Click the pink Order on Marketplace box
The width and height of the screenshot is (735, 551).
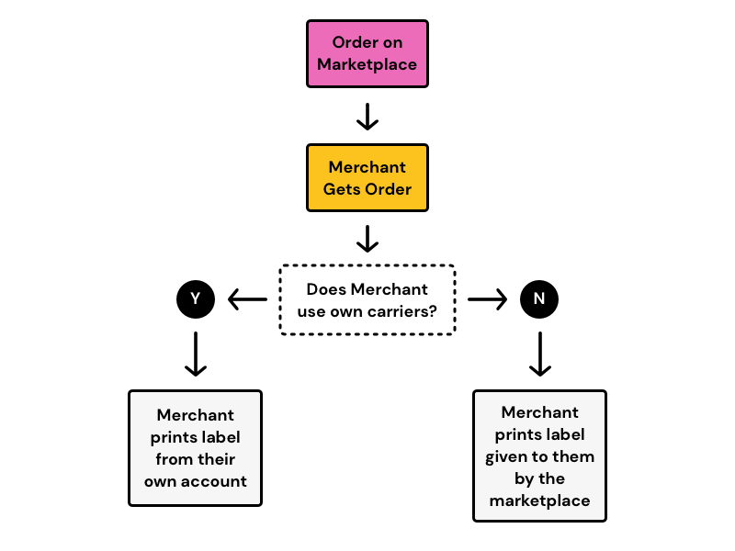point(367,54)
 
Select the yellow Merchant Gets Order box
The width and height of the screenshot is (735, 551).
point(367,178)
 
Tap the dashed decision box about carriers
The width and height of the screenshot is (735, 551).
point(367,300)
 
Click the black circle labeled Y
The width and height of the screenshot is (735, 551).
point(195,299)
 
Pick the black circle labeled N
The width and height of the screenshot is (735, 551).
point(539,299)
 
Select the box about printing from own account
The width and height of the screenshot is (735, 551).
point(195,448)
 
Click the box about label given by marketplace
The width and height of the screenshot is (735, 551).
point(539,456)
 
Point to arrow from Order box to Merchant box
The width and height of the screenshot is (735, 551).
point(367,116)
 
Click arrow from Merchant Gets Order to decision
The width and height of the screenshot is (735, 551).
point(367,239)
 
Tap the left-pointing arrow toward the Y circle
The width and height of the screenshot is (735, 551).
point(247,299)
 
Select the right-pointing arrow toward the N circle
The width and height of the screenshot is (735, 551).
point(488,299)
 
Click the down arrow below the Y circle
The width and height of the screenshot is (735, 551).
point(195,354)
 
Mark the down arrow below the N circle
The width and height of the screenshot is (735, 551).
point(539,354)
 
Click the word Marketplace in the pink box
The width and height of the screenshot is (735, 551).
point(367,65)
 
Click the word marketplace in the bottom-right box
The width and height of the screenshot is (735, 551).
point(539,500)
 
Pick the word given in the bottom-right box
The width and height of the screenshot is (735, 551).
point(507,456)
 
